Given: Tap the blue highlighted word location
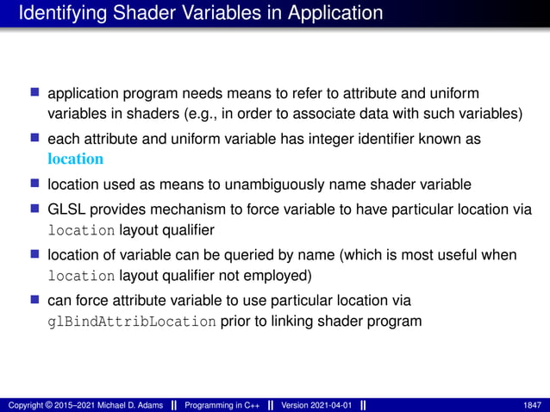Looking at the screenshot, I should coord(75,159).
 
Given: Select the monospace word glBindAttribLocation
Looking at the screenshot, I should coord(131,322).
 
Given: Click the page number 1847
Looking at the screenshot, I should coord(532,404).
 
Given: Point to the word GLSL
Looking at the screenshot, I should coord(65,209).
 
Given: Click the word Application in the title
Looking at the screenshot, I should coord(330,13).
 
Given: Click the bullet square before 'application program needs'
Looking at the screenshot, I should coord(35,91).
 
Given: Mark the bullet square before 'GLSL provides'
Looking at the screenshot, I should coord(35,209).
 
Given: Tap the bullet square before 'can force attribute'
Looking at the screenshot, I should coord(35,300).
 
